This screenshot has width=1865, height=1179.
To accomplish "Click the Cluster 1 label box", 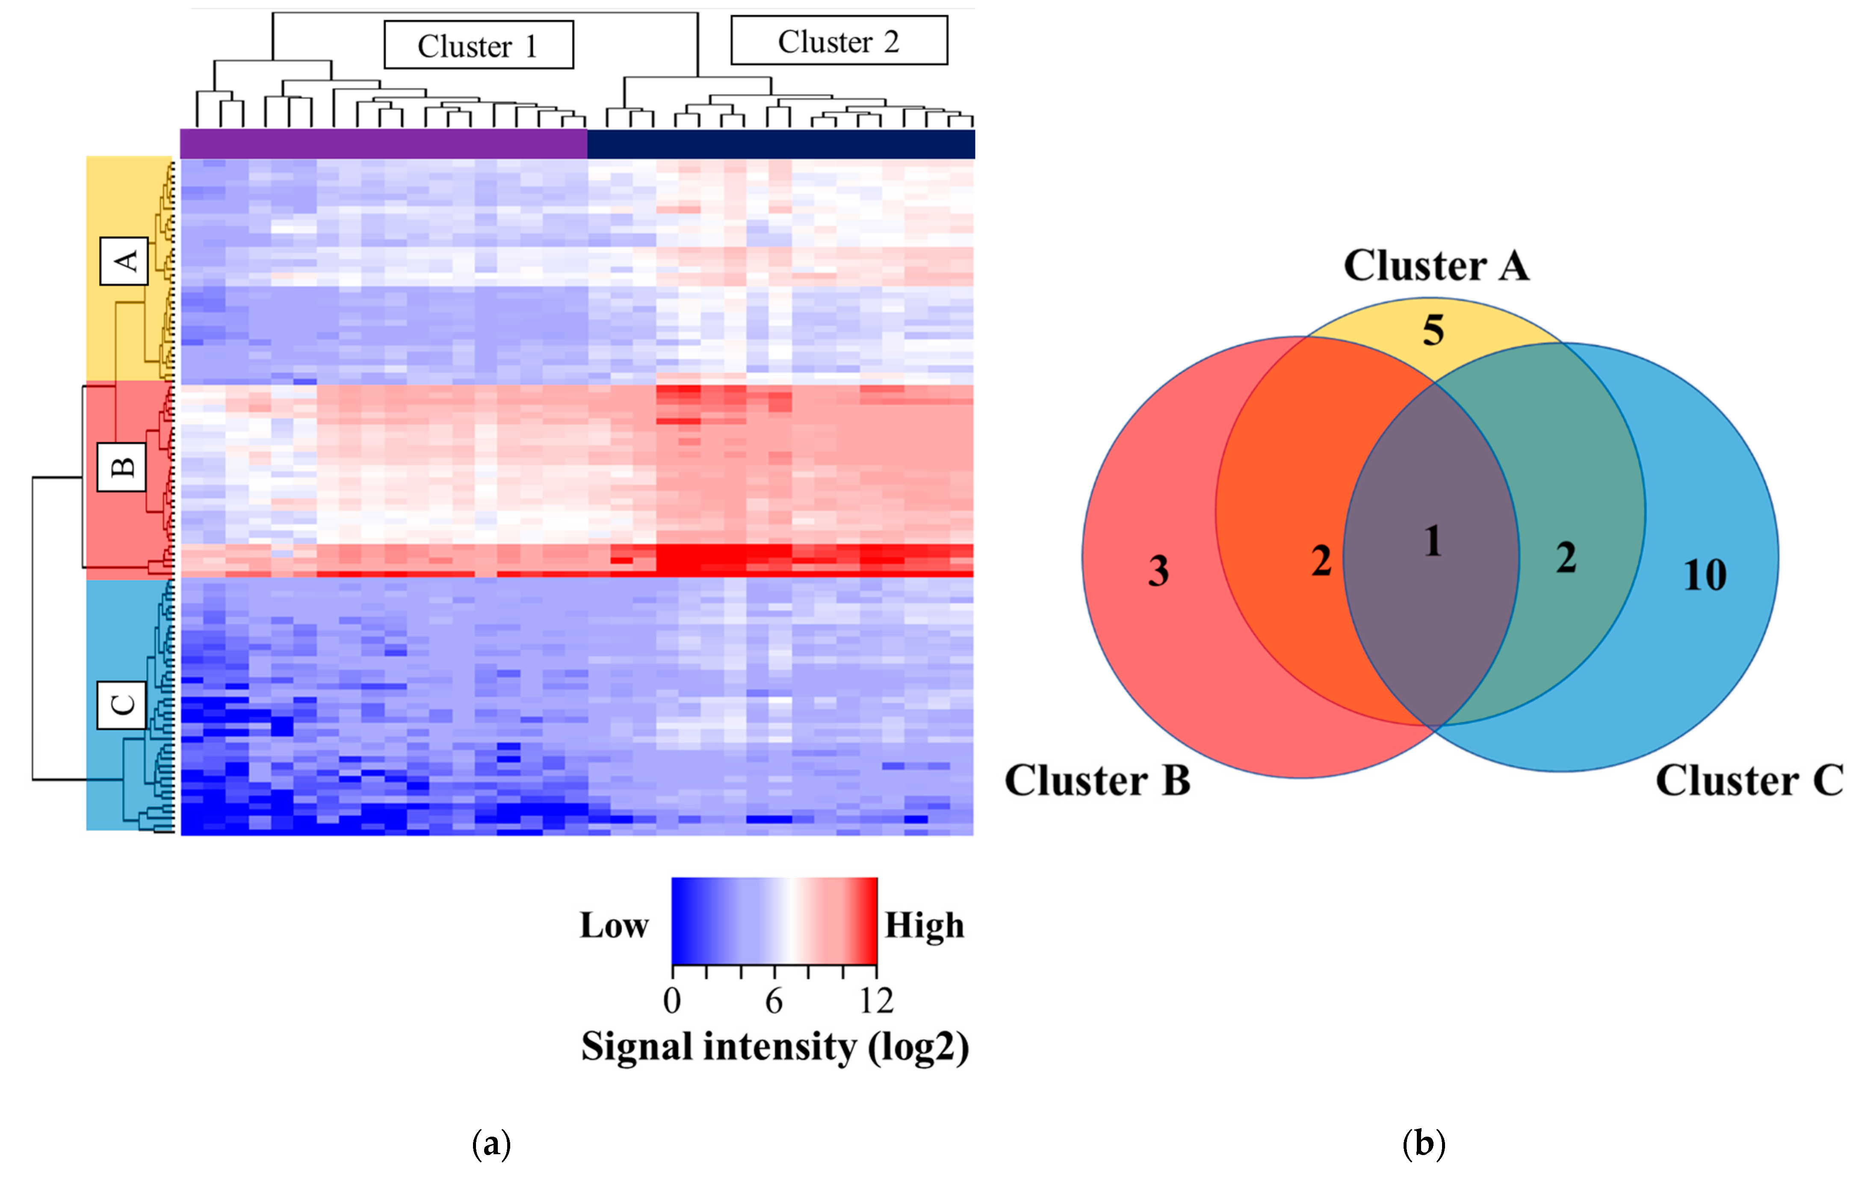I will [x=479, y=46].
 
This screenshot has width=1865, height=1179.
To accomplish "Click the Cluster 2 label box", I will [x=839, y=41].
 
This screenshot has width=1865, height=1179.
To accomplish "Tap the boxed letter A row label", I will [x=124, y=261].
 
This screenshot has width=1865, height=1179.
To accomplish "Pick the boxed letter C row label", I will [x=121, y=704].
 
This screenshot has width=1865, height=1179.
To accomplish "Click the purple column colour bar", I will [x=383, y=144].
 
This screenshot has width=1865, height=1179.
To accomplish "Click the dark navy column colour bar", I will [x=781, y=144].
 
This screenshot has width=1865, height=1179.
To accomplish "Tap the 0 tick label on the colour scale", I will [x=671, y=1001].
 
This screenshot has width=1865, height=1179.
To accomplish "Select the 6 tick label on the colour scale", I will [x=774, y=1001].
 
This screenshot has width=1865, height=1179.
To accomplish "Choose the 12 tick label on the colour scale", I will [x=876, y=1001].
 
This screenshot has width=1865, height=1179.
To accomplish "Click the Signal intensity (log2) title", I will [x=774, y=1047].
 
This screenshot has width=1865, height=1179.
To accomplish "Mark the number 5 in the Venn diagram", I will [x=1433, y=330].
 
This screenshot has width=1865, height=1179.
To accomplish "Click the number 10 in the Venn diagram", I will [x=1705, y=575].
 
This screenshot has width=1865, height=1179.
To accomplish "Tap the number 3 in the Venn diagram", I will [x=1158, y=571].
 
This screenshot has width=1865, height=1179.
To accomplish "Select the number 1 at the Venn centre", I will [x=1433, y=541].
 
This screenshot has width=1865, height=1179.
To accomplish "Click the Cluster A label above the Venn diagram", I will [x=1436, y=266].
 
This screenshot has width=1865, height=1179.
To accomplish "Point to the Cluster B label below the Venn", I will [x=1097, y=780].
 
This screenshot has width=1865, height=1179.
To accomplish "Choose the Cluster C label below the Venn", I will [x=1749, y=780].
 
